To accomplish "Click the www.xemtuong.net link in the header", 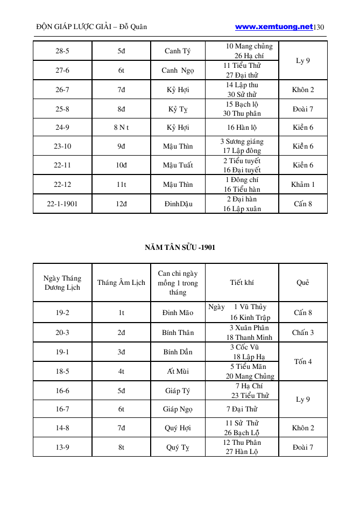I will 274,26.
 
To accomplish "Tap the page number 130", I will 319,27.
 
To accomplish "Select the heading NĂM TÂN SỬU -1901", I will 180,247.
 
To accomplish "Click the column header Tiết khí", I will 242,283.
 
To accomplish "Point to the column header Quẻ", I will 303,283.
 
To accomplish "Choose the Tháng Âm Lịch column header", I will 121,283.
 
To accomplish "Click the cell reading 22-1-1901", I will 62,204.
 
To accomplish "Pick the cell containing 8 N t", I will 121,128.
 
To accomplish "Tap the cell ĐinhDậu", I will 178,204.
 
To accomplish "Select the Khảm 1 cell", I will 303,185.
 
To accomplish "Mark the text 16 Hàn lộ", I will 242,128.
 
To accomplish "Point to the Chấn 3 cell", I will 303,333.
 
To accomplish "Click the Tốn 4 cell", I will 303,361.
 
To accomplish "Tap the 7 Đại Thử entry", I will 242,409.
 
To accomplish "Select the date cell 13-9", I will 62,447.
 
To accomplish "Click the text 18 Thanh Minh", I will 249,338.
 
